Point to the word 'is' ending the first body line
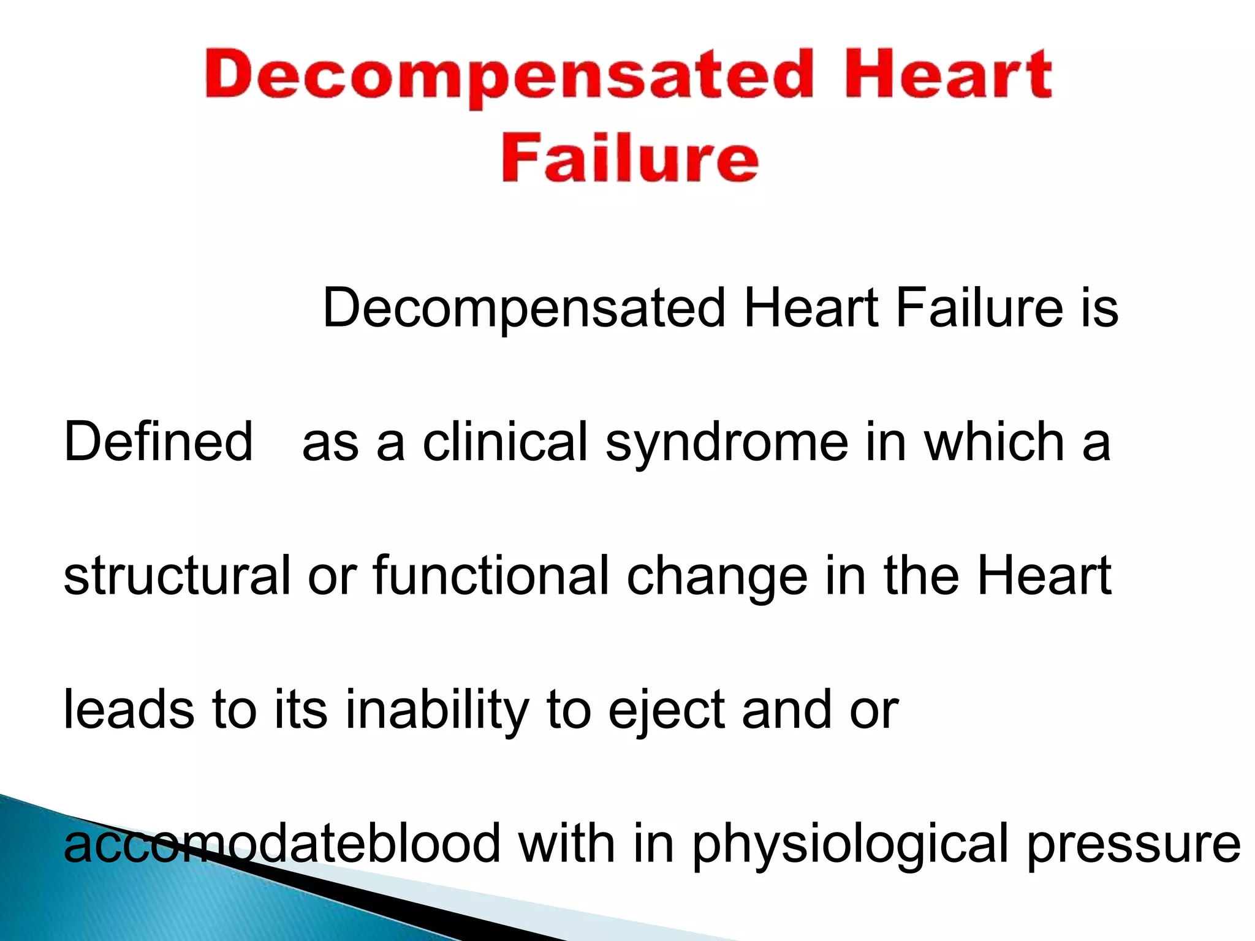(1100, 308)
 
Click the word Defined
(158, 442)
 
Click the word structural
(177, 576)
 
